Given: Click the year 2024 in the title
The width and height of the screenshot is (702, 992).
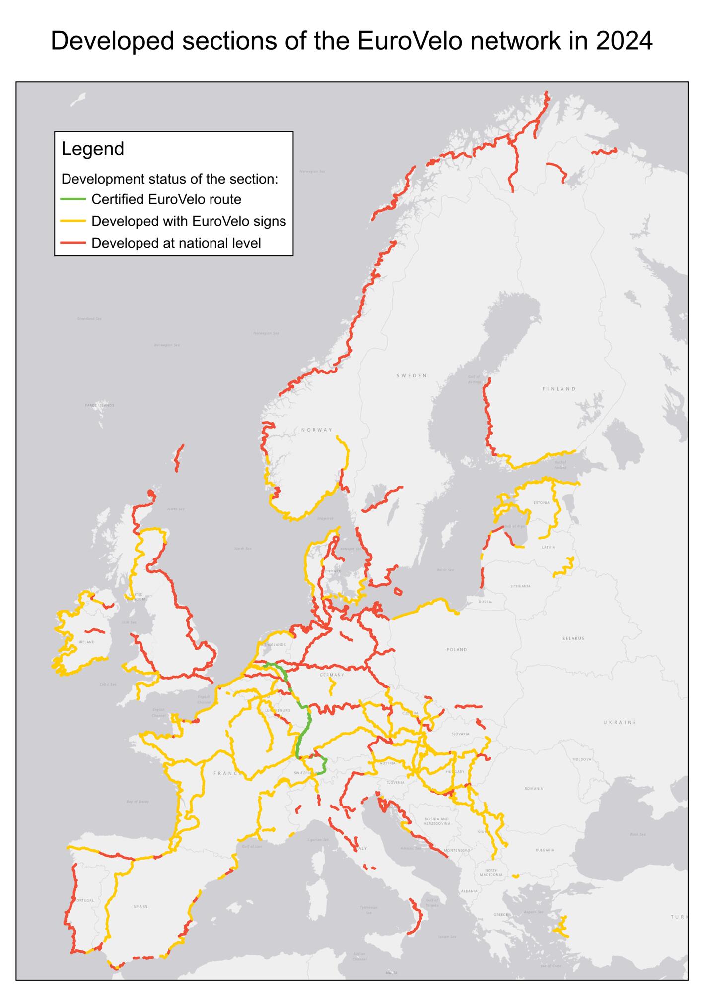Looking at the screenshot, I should (x=624, y=41).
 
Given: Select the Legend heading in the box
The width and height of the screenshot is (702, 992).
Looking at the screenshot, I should (x=93, y=149).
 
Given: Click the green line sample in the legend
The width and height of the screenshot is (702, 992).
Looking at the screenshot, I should (x=73, y=199).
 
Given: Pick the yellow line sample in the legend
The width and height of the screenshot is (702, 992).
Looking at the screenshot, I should (x=73, y=221).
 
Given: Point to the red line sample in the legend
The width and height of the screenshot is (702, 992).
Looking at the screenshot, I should (x=73, y=243).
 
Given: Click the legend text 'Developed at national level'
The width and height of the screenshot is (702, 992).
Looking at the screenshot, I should (x=176, y=243).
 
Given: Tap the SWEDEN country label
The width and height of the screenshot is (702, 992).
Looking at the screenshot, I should (x=412, y=376).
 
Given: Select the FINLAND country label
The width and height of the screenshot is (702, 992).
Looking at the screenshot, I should (x=559, y=389).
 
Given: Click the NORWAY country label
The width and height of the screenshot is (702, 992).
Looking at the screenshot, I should (x=316, y=430).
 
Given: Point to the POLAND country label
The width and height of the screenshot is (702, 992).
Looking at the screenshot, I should (x=457, y=649).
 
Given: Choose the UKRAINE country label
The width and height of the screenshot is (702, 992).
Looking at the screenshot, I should (x=620, y=722).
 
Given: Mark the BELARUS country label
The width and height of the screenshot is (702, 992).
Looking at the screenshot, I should (x=573, y=638).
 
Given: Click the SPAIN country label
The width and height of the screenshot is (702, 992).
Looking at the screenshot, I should (x=140, y=906).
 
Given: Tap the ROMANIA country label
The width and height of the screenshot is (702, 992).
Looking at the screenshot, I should (x=534, y=788).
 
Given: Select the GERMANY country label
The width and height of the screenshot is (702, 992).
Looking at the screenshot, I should (x=332, y=675).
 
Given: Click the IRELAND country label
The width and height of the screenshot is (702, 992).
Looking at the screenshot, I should (x=86, y=642).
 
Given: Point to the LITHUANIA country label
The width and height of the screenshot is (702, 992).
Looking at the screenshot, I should (x=520, y=586).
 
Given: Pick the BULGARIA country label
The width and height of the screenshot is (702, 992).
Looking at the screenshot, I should (x=545, y=850).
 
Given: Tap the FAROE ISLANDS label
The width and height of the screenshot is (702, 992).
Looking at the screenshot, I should (x=99, y=405).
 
